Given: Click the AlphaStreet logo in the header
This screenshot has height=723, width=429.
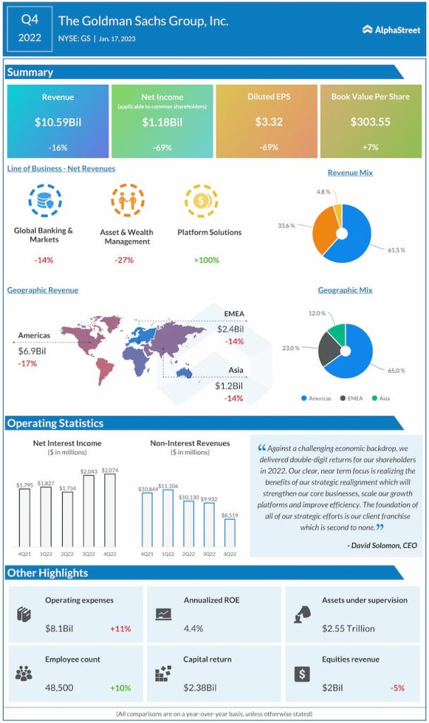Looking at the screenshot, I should point(391,30).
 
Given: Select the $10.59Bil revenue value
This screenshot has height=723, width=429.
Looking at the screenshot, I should point(58,122).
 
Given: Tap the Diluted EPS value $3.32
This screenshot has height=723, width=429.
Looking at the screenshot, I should point(268,122).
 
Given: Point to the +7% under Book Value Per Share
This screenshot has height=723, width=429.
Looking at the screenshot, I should point(370,148).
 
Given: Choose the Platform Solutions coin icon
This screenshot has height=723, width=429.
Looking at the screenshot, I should point(199,201).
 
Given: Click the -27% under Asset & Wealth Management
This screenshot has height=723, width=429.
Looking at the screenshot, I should point(124,260).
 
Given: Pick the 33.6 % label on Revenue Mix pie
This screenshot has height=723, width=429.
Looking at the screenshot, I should point(285,226).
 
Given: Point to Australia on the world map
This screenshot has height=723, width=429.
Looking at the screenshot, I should point(185,372).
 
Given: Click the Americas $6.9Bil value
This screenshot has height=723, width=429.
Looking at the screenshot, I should point(32,350).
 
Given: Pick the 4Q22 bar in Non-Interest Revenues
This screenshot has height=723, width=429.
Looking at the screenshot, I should point(230,532).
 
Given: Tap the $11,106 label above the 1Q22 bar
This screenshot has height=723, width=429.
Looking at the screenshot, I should point(168,486).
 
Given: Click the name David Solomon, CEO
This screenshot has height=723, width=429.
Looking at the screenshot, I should point(382,545).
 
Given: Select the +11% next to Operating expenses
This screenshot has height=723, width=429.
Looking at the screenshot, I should point(120,628).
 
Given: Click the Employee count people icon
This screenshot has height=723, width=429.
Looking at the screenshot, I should point(24,674).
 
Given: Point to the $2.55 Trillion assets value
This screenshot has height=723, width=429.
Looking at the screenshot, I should point(349,628).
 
